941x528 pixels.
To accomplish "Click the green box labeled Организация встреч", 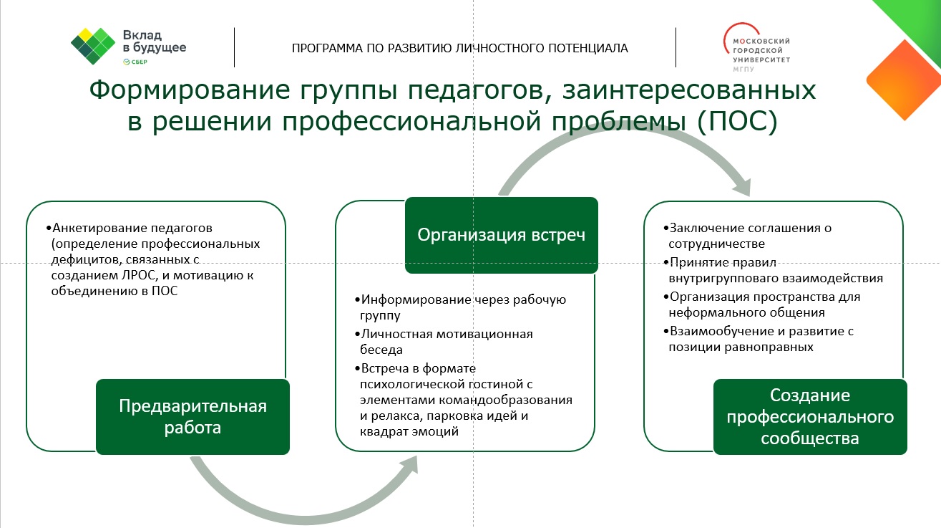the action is [x=501, y=235].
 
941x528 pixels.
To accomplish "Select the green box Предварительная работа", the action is [x=192, y=416].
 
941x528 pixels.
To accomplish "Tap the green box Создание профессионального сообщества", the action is [x=810, y=416].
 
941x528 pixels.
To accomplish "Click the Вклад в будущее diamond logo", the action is [x=93, y=46].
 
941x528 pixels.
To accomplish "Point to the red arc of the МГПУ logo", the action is [x=732, y=32].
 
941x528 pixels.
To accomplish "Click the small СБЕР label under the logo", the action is [x=135, y=62].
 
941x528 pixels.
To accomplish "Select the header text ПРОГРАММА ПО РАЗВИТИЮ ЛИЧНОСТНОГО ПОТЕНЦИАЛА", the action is [x=460, y=49].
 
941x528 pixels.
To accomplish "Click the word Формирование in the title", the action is [x=190, y=89].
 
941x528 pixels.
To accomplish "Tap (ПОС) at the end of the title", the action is [x=738, y=121].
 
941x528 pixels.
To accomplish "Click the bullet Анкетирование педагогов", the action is [x=130, y=228].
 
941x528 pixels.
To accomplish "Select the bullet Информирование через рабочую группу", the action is [x=460, y=307].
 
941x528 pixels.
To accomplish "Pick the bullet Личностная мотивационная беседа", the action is [x=444, y=342].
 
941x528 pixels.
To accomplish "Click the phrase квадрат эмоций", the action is [x=409, y=431].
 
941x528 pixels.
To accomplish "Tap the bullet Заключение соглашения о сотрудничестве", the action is [x=747, y=236].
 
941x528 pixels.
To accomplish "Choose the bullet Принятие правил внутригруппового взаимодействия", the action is [x=773, y=270].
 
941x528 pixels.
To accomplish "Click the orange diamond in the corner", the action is [x=903, y=80].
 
